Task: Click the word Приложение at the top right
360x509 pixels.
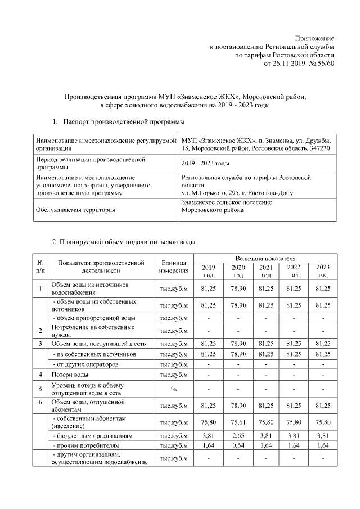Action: [x=314, y=38]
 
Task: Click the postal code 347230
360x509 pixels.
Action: [x=318, y=148]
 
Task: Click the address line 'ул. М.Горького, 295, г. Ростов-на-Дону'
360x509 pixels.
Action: [x=236, y=193]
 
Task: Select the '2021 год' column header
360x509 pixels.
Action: [x=266, y=271]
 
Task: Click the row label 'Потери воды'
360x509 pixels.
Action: [x=70, y=374]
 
